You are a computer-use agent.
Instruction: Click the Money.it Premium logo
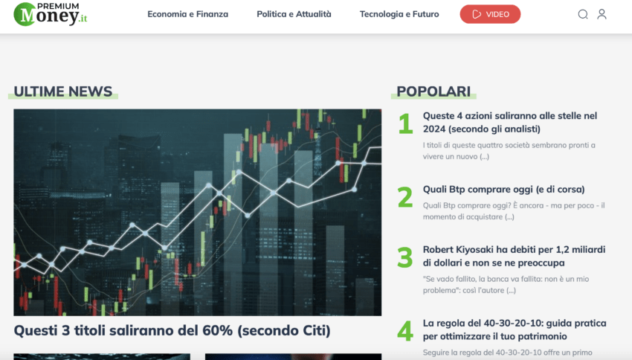click(x=51, y=14)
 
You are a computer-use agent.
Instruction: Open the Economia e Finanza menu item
click(x=188, y=14)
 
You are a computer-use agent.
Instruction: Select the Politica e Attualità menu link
click(x=294, y=14)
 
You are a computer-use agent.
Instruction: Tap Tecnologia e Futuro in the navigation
click(x=399, y=14)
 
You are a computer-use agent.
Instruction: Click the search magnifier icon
click(x=583, y=15)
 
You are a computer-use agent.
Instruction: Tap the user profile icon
click(x=602, y=14)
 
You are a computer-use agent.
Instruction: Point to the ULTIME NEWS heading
click(x=63, y=91)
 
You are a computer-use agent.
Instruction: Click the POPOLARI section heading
click(x=433, y=91)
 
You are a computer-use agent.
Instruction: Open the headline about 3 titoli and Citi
click(x=172, y=330)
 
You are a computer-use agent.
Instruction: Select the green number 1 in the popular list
click(x=405, y=123)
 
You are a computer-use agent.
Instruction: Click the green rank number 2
click(x=405, y=197)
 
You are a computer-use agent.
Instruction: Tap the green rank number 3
click(x=405, y=257)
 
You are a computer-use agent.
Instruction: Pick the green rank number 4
click(x=405, y=331)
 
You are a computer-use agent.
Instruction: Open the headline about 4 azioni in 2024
click(x=510, y=122)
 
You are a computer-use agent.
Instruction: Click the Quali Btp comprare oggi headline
click(x=504, y=189)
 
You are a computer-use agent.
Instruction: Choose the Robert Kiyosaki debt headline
click(x=514, y=256)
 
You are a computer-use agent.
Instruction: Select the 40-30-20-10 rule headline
click(x=515, y=330)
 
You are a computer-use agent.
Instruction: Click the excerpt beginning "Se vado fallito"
click(x=506, y=284)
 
